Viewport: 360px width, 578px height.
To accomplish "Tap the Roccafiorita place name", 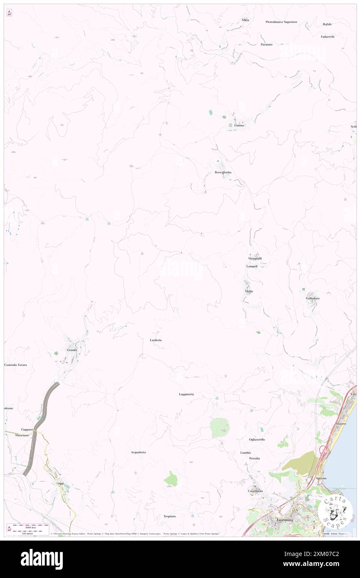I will tap(223, 172).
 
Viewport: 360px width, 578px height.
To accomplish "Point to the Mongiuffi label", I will tap(255, 258).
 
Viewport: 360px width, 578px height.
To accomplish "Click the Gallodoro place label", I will tap(312, 299).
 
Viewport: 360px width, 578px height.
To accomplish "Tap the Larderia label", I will tap(155, 340).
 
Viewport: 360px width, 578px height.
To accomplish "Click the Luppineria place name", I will tap(186, 394).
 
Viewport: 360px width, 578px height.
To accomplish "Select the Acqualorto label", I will tap(138, 452).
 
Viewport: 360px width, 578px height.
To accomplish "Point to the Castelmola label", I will tap(255, 491).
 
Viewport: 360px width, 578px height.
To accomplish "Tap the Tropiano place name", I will tap(170, 516).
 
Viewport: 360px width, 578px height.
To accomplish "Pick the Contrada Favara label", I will tap(15, 365).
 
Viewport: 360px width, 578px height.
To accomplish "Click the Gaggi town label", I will tap(60, 484).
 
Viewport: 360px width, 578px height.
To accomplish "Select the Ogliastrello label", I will tap(257, 439).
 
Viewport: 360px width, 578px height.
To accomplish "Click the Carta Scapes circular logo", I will tap(335, 510).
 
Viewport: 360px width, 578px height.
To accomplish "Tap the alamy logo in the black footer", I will tap(42, 559).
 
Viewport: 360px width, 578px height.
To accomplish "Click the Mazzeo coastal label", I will tap(340, 423).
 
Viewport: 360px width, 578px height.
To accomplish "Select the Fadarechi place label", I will tap(328, 37).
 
